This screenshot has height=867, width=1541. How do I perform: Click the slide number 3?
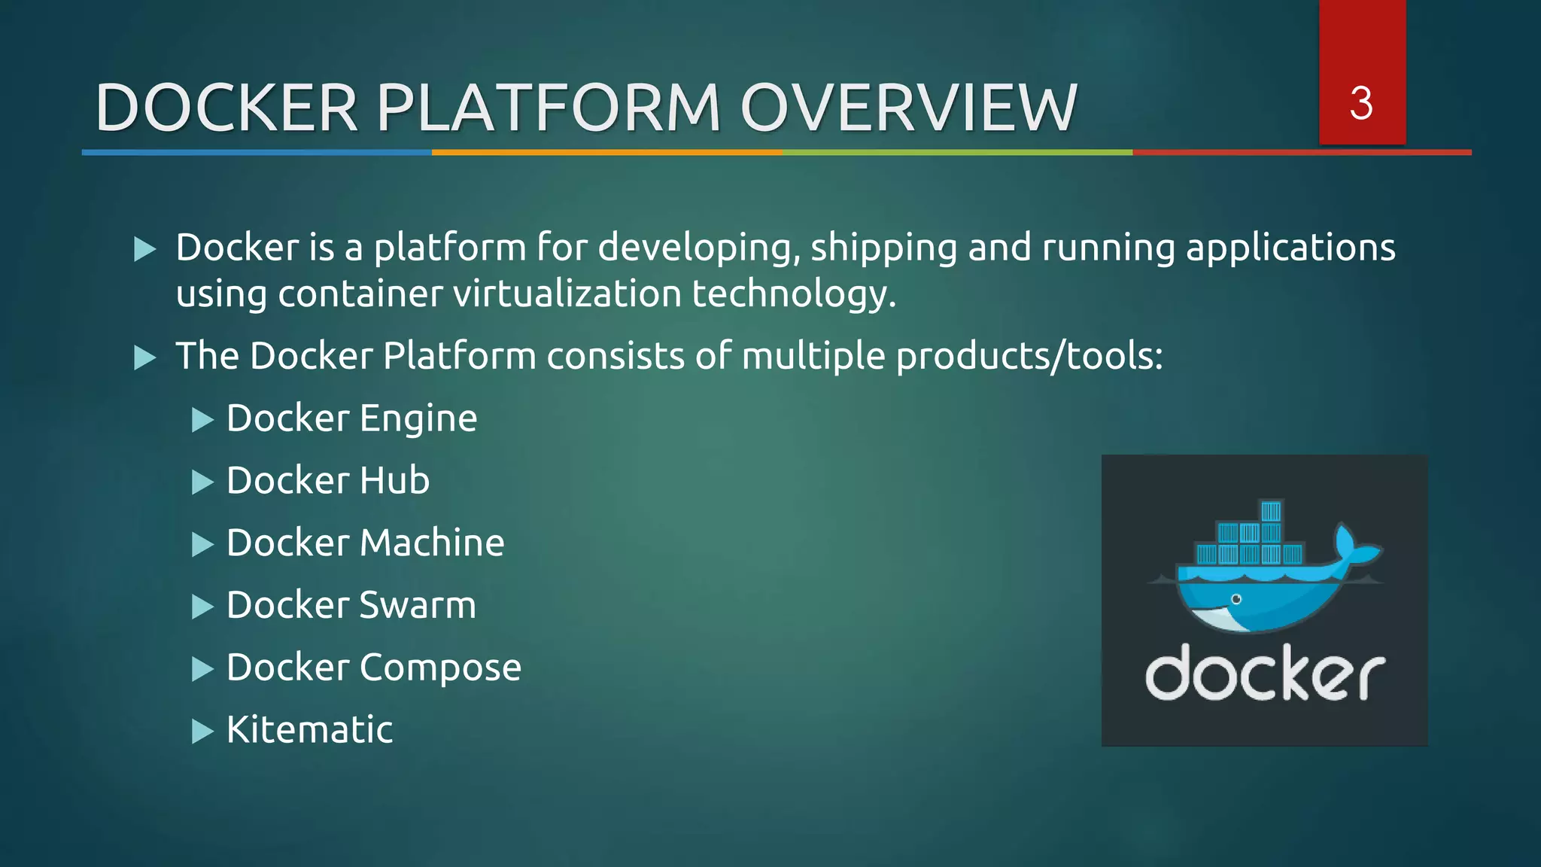1361,103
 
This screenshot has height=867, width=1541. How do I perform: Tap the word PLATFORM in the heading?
549,108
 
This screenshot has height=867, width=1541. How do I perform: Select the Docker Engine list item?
351,418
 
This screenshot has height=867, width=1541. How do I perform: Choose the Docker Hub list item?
328,481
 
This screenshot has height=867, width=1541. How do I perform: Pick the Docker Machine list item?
365,543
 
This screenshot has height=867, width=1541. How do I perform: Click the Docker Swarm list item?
351,606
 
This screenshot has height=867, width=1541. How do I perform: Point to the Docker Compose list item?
374,668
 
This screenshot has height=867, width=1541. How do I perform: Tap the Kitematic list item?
309,730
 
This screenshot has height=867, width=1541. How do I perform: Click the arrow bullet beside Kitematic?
202,731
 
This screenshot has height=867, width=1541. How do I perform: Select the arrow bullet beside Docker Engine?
202,419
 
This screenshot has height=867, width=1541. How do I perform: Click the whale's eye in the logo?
1236,599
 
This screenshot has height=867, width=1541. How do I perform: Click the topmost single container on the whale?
1271,512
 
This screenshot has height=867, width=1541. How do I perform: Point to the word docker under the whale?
1264,673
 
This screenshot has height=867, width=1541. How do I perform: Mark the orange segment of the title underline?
606,152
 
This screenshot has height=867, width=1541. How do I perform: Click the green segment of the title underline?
957,152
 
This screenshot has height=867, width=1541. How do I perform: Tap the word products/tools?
1029,356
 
